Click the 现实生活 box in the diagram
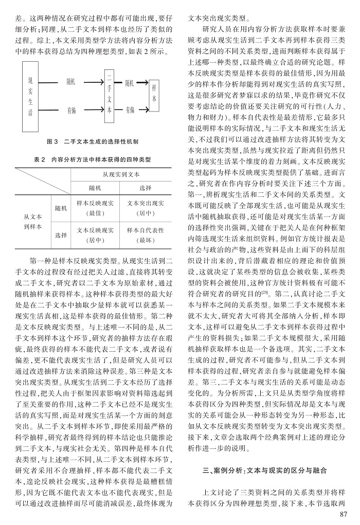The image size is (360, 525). pyautogui.click(x=30, y=95)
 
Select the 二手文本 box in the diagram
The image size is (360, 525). pyautogui.click(x=111, y=94)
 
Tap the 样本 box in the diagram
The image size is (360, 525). pyautogui.click(x=154, y=95)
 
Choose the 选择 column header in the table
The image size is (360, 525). pyautogui.click(x=146, y=188)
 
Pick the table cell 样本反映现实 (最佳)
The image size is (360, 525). pyautogui.click(x=96, y=207)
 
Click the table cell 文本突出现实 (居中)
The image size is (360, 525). pyautogui.click(x=146, y=207)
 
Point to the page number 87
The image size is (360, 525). pyautogui.click(x=345, y=514)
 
